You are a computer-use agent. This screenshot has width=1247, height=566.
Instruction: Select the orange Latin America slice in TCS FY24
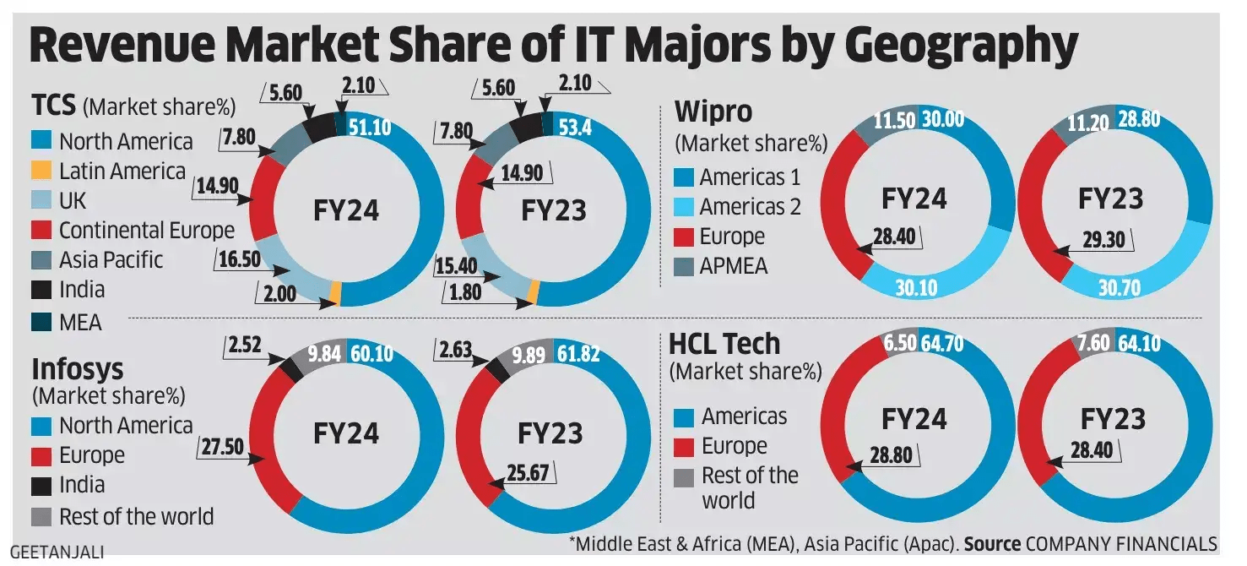click(x=335, y=294)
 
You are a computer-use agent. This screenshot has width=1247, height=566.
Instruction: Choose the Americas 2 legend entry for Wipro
click(x=750, y=207)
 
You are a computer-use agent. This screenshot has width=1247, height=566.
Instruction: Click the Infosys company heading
click(x=78, y=368)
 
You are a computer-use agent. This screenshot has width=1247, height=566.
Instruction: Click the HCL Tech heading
click(x=724, y=344)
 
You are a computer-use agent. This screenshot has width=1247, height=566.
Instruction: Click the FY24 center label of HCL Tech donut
click(x=915, y=418)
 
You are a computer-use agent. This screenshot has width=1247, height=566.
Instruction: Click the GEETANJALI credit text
click(x=57, y=553)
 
